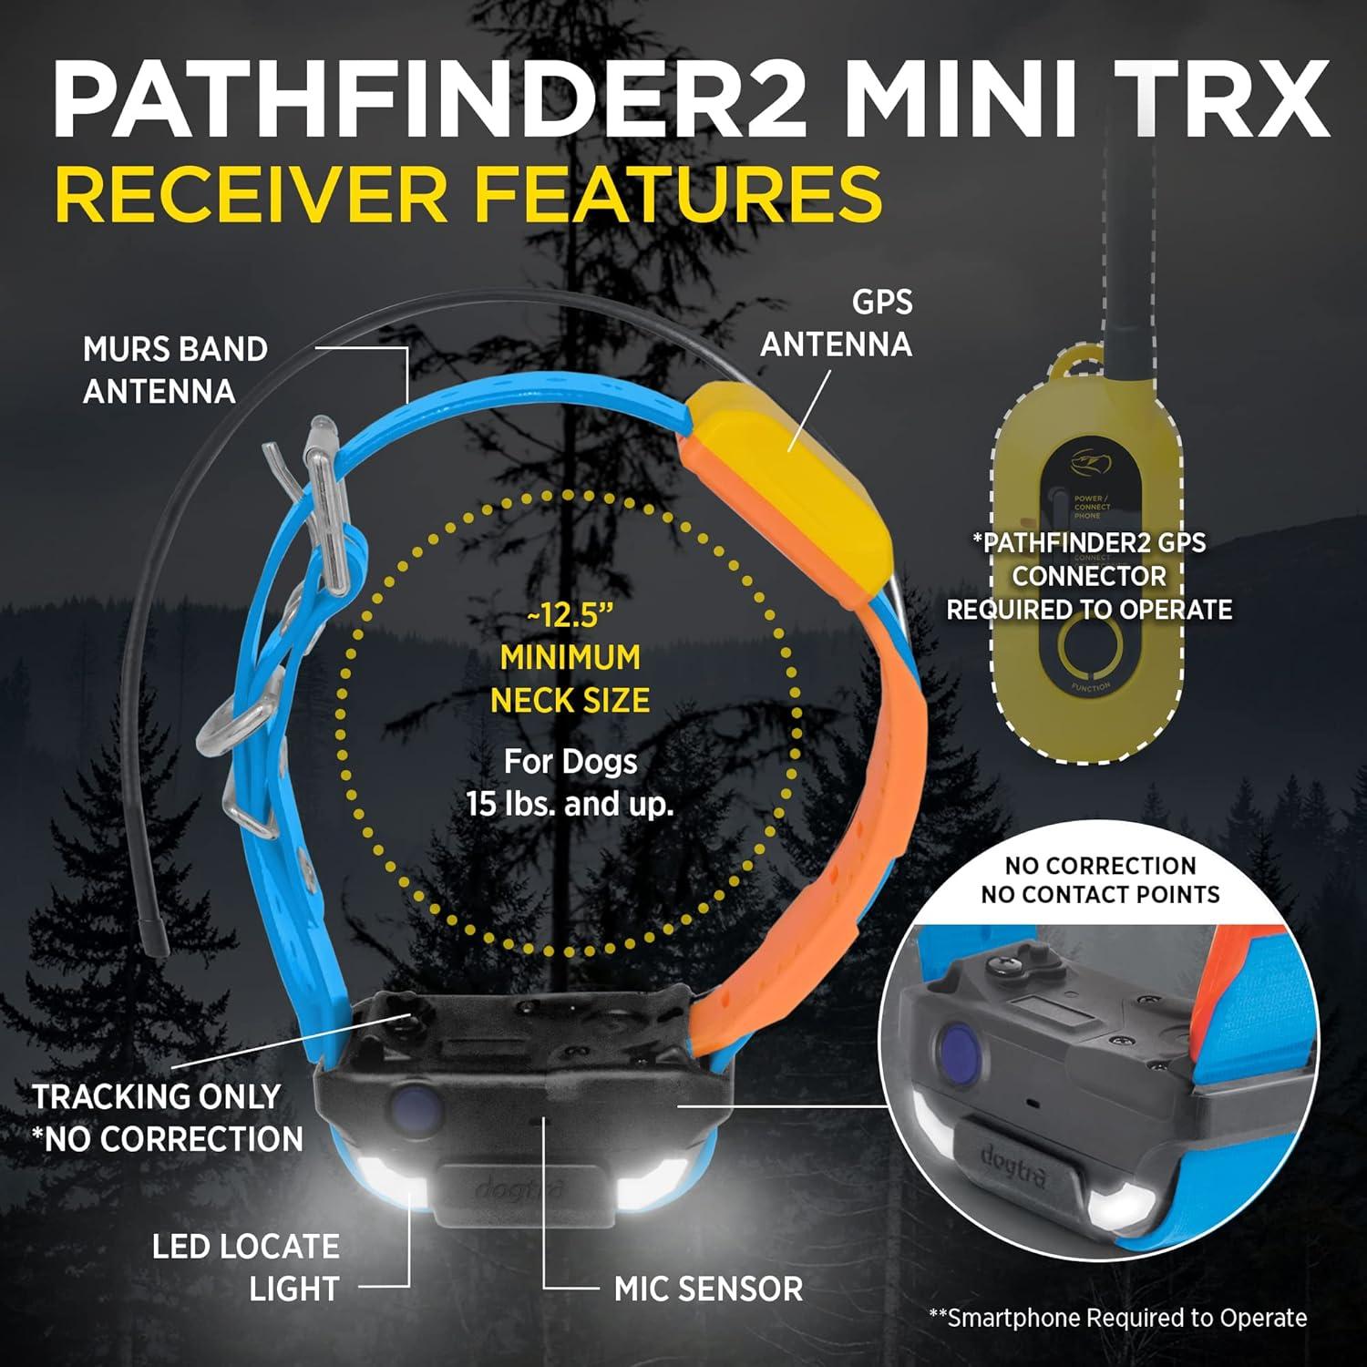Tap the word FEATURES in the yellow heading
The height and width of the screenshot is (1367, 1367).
click(x=680, y=193)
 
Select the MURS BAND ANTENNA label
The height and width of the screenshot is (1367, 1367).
click(x=175, y=370)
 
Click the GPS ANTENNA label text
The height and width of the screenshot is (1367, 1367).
click(x=837, y=323)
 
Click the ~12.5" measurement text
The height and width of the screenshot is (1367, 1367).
click(x=570, y=615)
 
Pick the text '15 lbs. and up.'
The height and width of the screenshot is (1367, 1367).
click(x=570, y=805)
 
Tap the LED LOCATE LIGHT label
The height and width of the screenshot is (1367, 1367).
click(x=246, y=1267)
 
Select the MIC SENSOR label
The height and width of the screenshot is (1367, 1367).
click(x=708, y=1289)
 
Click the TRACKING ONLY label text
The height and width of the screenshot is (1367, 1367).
click(x=157, y=1096)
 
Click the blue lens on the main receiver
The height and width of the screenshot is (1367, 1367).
click(x=416, y=1106)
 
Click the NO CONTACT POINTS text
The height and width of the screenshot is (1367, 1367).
click(x=1100, y=894)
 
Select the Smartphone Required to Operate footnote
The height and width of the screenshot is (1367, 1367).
click(x=1118, y=1318)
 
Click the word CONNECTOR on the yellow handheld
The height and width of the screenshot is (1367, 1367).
click(x=1089, y=576)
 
